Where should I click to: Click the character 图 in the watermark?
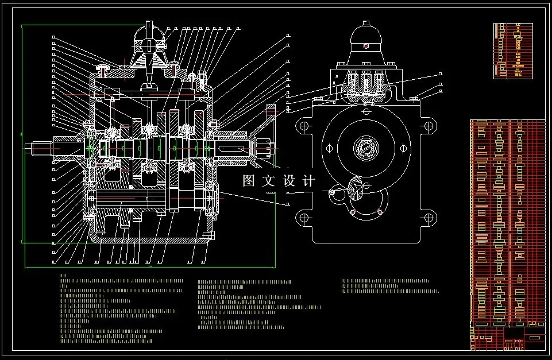(249, 181)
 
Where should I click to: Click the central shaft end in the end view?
(366, 147)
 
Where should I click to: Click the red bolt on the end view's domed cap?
(366, 47)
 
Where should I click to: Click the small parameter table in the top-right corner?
(513, 51)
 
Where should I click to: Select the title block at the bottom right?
(507, 338)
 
